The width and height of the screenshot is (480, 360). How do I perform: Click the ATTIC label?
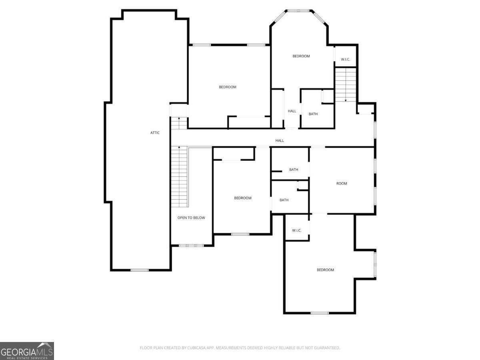[x=155, y=133]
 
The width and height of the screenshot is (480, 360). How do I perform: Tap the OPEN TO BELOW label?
[x=191, y=218]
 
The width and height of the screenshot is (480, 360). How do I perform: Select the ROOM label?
[x=342, y=184]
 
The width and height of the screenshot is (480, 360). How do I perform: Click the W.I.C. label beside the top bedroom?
[x=346, y=60]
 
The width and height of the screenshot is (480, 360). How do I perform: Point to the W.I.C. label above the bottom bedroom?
[x=296, y=230]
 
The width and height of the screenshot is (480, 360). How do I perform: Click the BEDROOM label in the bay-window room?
[x=301, y=56]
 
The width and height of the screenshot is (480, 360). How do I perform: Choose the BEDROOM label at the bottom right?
[x=325, y=270]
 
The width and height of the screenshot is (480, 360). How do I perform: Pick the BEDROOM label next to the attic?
[x=228, y=87]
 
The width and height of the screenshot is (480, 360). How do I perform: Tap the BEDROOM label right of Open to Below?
[x=243, y=198]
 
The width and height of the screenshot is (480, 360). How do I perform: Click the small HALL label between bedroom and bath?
[x=292, y=111]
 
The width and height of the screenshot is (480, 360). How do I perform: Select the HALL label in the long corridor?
[x=280, y=141]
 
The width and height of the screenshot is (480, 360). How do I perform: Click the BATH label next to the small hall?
[x=313, y=114]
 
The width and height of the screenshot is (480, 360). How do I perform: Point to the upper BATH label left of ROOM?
[x=294, y=170]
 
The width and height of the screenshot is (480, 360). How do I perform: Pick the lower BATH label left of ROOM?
[x=284, y=200]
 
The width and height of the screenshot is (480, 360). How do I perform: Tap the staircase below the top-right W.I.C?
[x=345, y=84]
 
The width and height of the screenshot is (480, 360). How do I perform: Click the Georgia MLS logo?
[x=27, y=351]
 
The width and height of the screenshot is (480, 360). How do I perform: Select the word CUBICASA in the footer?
[x=196, y=348]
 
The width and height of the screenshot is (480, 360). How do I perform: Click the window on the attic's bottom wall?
[x=140, y=270]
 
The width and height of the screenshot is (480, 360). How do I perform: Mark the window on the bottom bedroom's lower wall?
[x=320, y=313]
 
